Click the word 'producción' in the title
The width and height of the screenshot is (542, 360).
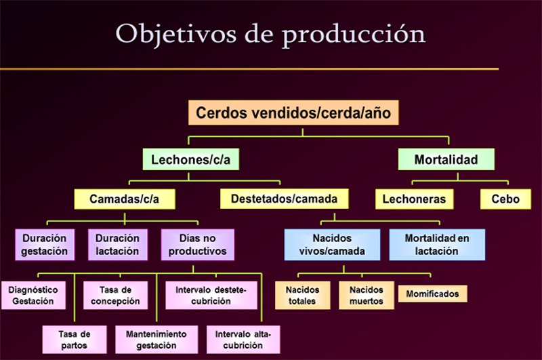(x=353, y=35)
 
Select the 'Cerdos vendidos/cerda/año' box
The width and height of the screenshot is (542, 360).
(x=293, y=113)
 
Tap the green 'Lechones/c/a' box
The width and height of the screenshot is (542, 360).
(x=191, y=159)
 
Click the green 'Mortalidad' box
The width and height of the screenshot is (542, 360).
(x=446, y=159)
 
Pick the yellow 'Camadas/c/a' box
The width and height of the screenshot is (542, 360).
(x=125, y=199)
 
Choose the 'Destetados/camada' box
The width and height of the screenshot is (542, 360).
(x=284, y=199)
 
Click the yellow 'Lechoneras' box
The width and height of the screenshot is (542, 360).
(x=414, y=199)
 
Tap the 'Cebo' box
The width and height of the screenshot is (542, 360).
(x=505, y=199)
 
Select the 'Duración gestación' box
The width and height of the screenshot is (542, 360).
(x=45, y=245)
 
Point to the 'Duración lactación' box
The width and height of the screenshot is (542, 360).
(x=117, y=245)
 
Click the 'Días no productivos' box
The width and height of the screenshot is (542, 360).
(x=197, y=245)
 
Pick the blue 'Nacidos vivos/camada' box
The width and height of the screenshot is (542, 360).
(x=332, y=245)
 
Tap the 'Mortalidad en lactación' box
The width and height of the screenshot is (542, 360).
(x=437, y=245)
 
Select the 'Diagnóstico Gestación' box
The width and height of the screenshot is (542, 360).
(x=33, y=296)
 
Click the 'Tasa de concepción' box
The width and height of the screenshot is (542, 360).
(x=115, y=296)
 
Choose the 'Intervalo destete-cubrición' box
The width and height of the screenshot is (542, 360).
(x=211, y=296)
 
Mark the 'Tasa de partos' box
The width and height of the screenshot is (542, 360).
(x=75, y=340)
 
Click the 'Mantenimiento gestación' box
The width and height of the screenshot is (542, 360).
(x=157, y=340)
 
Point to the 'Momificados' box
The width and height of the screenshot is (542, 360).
(x=432, y=294)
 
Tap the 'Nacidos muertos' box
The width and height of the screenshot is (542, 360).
(x=366, y=296)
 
